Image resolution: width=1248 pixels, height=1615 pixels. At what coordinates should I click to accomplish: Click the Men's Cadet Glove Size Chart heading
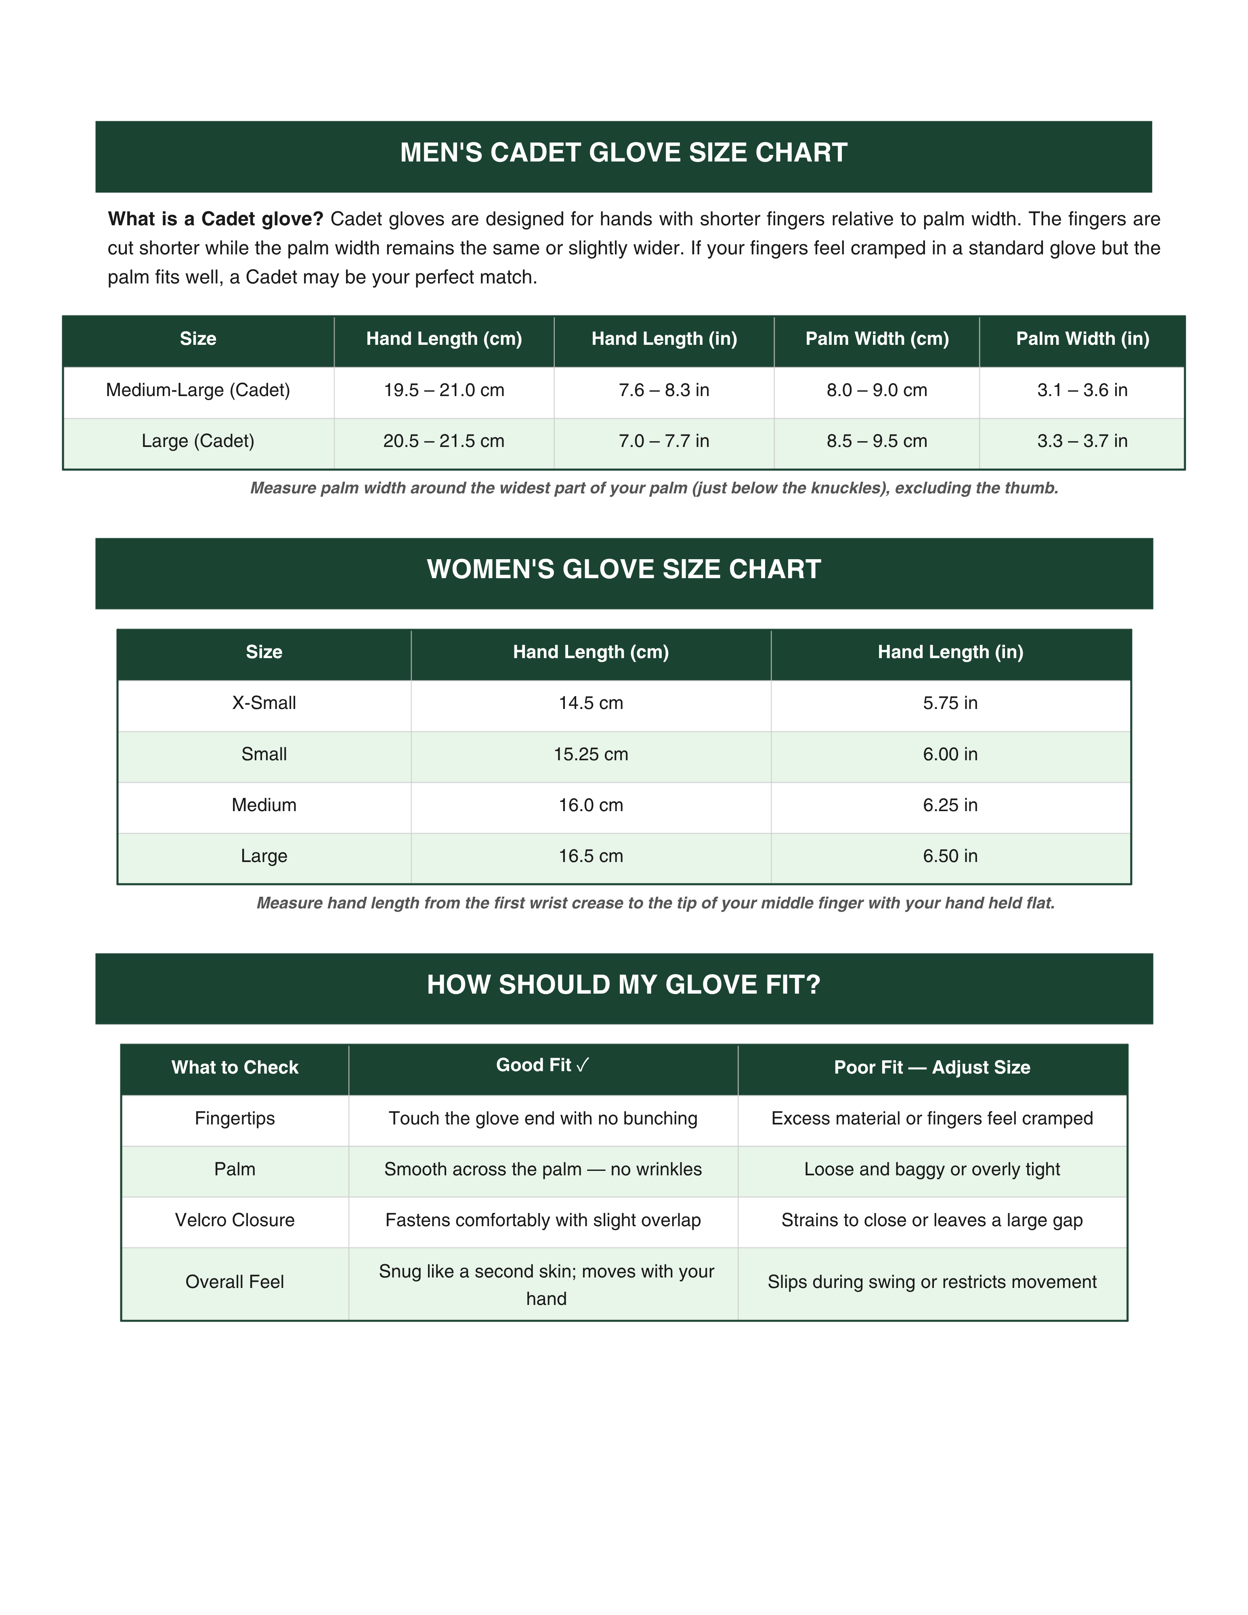623,153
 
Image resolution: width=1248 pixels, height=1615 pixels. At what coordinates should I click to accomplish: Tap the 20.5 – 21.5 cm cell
444,441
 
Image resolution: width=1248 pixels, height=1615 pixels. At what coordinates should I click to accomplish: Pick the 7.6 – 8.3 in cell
664,390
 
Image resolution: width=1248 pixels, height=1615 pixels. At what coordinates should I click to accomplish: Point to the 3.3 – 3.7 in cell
1082,441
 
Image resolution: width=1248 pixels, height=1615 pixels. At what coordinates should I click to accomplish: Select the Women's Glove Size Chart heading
623,569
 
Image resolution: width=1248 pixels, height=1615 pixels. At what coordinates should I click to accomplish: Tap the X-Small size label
264,703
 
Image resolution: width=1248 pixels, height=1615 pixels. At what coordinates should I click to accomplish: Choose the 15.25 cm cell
591,754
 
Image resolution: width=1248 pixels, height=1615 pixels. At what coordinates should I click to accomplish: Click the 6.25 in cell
950,805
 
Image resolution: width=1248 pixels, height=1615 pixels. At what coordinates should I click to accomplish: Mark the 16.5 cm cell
591,856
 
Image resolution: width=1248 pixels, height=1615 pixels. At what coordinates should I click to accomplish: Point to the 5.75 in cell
950,703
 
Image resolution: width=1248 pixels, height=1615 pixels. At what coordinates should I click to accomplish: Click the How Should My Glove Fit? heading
623,985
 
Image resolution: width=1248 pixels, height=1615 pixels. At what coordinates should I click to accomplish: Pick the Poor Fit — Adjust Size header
931,1068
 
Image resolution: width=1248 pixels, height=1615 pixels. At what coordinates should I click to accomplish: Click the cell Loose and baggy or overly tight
931,1169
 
